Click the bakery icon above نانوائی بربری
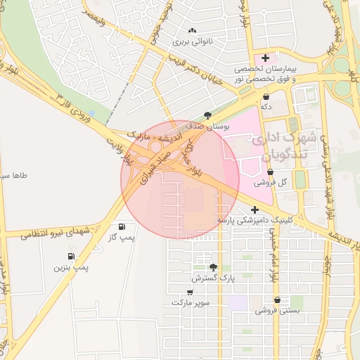coord(192,30)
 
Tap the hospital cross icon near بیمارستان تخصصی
coord(265,58)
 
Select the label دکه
coord(266,107)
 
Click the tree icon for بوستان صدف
coord(207,115)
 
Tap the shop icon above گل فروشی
coord(271,171)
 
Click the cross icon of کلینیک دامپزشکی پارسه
coord(255,210)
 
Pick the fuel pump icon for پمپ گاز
coord(123,226)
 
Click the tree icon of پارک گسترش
coord(213,267)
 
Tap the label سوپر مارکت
coord(190,302)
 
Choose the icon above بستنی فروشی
coord(277,299)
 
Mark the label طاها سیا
coord(14,174)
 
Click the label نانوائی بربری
coord(192,41)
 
